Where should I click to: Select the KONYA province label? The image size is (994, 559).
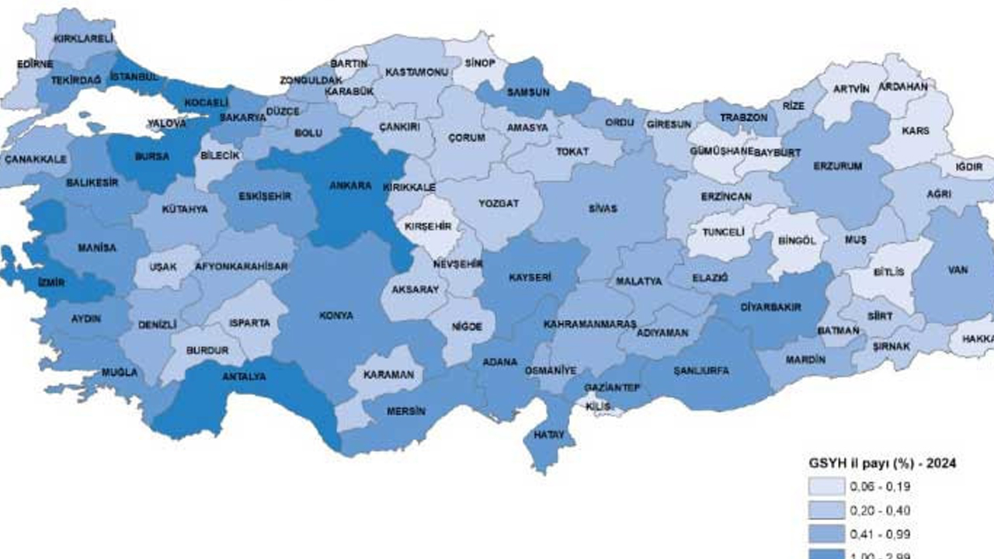(x=335, y=316)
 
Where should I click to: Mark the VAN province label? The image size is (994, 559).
(x=957, y=270)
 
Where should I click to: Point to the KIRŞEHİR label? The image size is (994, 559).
(x=428, y=226)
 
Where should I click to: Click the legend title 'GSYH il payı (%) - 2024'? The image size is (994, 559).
(x=881, y=463)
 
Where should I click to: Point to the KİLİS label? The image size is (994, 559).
(x=599, y=407)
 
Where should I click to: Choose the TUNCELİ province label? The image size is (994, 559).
(x=723, y=232)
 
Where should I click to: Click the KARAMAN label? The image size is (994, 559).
(x=389, y=374)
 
